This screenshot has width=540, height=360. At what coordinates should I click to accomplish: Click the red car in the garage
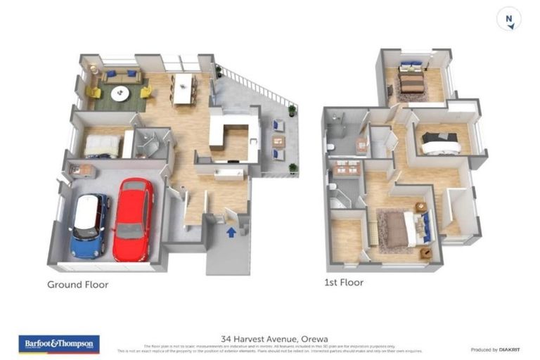point(133,219)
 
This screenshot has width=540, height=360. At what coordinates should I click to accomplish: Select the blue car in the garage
point(90,225)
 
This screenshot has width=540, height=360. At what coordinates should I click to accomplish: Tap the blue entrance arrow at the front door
point(231,232)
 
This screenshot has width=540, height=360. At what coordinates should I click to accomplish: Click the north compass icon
point(508,19)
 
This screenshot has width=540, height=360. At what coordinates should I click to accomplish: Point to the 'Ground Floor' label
point(77,285)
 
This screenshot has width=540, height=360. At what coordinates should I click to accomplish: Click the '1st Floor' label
point(344,283)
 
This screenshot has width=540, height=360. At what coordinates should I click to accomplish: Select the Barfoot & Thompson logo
point(59,344)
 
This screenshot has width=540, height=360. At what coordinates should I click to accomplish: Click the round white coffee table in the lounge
point(120,93)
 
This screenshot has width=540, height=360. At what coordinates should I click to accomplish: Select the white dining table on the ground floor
point(183,88)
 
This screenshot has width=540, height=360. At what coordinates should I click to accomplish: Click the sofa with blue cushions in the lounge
point(122,76)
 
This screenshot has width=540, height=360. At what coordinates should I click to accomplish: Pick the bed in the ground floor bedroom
point(102,146)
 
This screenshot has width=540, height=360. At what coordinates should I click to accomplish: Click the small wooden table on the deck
point(279,141)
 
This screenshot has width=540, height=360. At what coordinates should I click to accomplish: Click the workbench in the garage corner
point(82,170)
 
